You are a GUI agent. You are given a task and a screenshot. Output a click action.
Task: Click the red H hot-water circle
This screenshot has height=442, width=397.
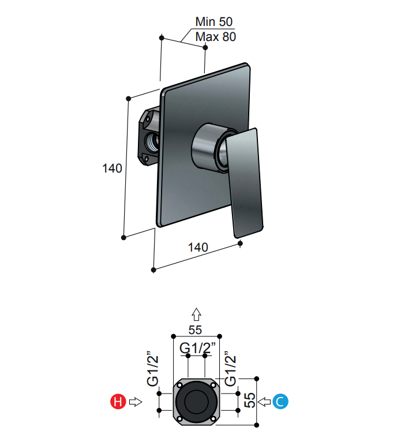pyautogui.click(x=118, y=402)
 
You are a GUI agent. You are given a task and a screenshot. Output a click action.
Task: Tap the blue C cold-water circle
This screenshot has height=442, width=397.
pyautogui.click(x=280, y=402)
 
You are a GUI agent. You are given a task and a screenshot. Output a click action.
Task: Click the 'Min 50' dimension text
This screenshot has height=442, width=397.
pyautogui.click(x=214, y=23)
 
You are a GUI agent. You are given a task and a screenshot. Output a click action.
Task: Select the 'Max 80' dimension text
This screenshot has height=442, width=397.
pyautogui.click(x=215, y=38)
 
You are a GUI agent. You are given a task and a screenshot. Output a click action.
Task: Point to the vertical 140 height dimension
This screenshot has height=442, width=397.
pyautogui.click(x=112, y=168)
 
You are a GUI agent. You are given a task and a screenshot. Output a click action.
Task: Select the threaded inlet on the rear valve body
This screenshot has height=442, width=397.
pyautogui.click(x=152, y=141)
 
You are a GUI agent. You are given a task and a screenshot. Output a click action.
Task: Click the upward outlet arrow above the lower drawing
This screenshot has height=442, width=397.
pyautogui.click(x=196, y=314)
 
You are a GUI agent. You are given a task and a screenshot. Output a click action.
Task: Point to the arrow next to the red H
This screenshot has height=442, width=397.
pyautogui.click(x=136, y=402)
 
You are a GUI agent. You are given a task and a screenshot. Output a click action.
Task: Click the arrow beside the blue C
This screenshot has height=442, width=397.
pyautogui.click(x=264, y=402)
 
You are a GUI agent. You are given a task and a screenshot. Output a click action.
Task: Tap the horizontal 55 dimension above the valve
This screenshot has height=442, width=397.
pyautogui.click(x=196, y=329)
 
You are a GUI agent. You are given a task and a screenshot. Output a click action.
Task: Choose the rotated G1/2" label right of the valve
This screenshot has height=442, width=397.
pyautogui.click(x=230, y=369)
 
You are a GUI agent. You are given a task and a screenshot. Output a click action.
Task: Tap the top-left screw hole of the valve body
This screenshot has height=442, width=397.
pyautogui.click(x=179, y=385)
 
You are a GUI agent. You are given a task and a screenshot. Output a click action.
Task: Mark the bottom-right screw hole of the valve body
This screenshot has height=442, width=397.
pyautogui.click(x=213, y=418)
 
